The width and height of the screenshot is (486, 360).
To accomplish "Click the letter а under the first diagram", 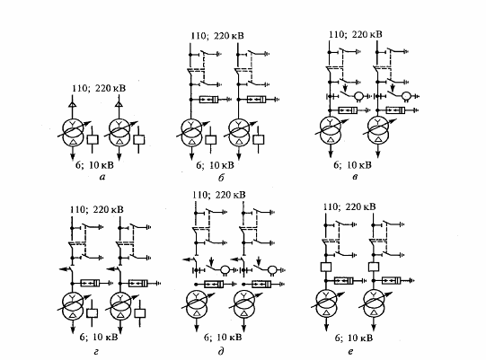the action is pos(102,178).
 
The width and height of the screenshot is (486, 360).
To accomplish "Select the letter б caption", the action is pos(221,178).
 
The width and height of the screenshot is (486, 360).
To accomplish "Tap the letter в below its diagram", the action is pos(355,178).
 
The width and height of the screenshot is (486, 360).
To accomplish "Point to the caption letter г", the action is pos(96,352).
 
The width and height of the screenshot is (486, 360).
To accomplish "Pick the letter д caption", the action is pos(221,351).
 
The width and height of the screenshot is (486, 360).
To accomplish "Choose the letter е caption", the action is pos(350,352).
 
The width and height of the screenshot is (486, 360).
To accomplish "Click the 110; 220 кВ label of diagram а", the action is pos(99,88).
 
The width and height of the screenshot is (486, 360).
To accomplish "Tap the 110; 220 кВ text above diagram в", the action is pos(355,34).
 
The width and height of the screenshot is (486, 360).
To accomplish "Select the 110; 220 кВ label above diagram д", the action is pos(219,195).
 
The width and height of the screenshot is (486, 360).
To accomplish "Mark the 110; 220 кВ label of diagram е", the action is pos(349,206).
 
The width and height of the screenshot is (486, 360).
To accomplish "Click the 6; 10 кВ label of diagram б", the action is pos(215,165).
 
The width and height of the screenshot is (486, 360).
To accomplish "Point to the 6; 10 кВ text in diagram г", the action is pos(99,337).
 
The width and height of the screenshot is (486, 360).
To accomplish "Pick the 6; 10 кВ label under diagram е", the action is pos(354,338).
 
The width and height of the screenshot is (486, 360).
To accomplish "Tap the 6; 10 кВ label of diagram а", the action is pos(94,165).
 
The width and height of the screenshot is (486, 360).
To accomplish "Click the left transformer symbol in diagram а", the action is pos(73,132).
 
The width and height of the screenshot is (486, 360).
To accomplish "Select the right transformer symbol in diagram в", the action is pos(378,130).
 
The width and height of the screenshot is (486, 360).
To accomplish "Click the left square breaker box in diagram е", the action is pos(326,267).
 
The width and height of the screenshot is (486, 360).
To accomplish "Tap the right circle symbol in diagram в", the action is pos(406,96).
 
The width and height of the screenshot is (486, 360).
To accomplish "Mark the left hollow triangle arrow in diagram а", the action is pos(72,104).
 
